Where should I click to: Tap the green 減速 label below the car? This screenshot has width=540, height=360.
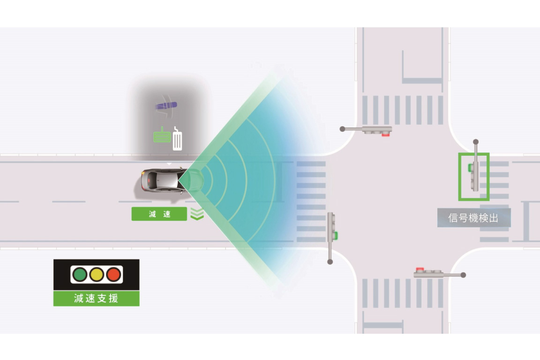coord(159,214)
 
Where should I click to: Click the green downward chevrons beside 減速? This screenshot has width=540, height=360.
coord(197,214)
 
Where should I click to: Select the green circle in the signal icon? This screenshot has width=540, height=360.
coord(80,274)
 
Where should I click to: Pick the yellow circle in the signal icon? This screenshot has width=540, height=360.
coord(97,274)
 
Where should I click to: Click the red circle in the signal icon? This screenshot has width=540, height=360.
coord(113,274)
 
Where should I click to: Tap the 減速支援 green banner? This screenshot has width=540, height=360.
coord(96,299)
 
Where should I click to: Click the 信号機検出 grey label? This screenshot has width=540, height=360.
coord(473,218)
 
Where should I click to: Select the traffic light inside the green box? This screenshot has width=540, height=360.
coord(474,176)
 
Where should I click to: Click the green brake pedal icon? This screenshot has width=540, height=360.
coord(162,136)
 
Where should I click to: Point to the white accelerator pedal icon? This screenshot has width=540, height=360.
coord(177,140)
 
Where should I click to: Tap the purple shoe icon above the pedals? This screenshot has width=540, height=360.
coord(166,105)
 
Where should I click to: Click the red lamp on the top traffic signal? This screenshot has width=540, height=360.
coord(386,134)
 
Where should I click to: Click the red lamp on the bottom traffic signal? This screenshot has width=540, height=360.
coord(420,270)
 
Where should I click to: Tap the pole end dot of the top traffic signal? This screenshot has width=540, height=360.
coord(343,128)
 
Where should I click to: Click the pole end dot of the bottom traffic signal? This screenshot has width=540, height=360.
coord(463,275)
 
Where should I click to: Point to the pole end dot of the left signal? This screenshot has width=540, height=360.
coord(330,262)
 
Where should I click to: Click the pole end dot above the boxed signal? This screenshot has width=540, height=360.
coord(476,142)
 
